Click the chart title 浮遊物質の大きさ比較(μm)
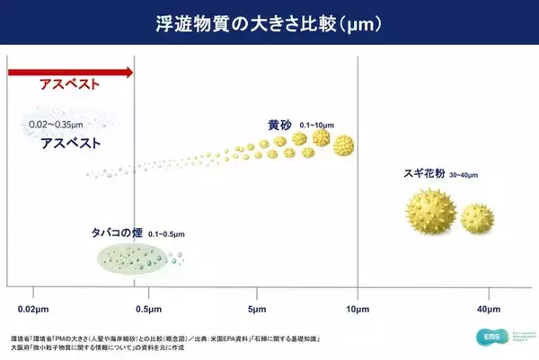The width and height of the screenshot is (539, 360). (x=269, y=22)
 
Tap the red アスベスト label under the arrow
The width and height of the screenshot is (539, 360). (x=67, y=86)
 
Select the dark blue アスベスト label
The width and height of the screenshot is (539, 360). (x=70, y=142)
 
